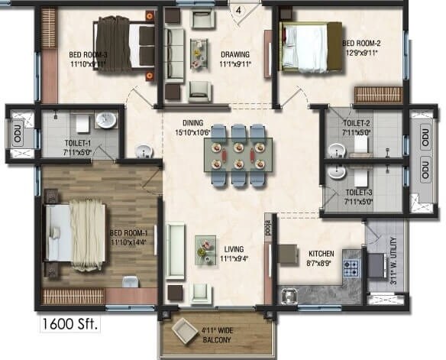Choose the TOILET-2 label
[x=357, y=123]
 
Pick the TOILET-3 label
[x=357, y=193]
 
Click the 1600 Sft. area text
[x=69, y=322]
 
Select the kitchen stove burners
[x=353, y=269]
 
